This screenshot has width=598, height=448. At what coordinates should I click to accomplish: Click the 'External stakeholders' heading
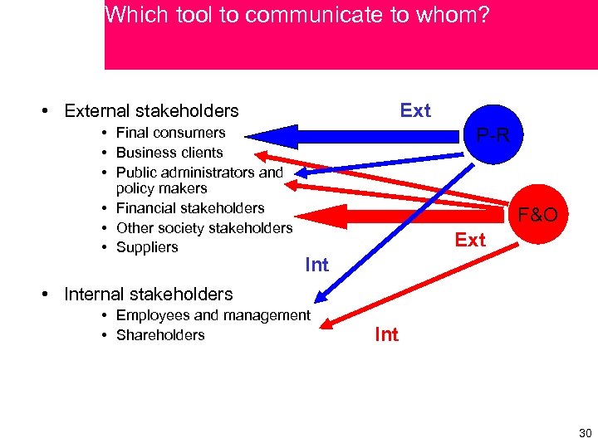pyautogui.click(x=151, y=111)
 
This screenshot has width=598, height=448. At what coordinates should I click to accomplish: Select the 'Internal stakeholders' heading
pyautogui.click(x=149, y=295)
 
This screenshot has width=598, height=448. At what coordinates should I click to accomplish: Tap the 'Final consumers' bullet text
pyautogui.click(x=170, y=133)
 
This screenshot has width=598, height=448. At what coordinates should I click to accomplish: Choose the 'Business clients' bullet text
pyautogui.click(x=169, y=153)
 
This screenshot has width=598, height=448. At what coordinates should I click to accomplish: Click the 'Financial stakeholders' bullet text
pyautogui.click(x=190, y=208)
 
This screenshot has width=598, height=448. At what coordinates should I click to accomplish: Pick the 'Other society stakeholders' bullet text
pyautogui.click(x=204, y=228)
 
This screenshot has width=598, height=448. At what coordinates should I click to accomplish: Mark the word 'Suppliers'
pyautogui.click(x=147, y=247)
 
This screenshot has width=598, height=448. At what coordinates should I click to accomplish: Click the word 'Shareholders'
pyautogui.click(x=160, y=335)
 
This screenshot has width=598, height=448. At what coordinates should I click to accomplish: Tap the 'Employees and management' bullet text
pyautogui.click(x=213, y=315)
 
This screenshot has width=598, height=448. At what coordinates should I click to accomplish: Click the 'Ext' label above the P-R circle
pyautogui.click(x=415, y=110)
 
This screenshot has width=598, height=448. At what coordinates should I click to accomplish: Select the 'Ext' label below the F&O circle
pyautogui.click(x=470, y=241)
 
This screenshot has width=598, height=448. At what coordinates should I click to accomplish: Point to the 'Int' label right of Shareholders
pyautogui.click(x=386, y=334)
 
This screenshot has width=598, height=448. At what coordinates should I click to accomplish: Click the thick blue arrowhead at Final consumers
pyautogui.click(x=270, y=135)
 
